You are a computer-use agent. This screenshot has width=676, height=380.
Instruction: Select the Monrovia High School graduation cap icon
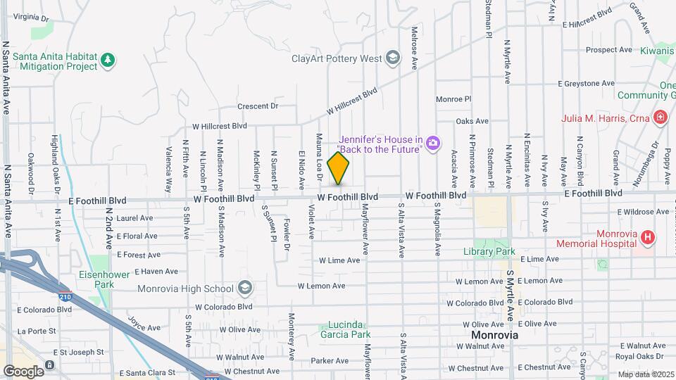[x=244, y=288]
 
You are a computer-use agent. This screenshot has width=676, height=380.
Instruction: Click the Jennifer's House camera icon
[x=433, y=144]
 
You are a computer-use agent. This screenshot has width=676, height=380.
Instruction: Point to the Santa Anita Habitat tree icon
[x=108, y=61]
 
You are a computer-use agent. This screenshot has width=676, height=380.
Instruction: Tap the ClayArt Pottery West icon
[x=393, y=58]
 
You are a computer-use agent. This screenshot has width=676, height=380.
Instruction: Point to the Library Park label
[x=489, y=251]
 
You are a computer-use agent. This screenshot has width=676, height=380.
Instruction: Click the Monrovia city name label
[x=495, y=335]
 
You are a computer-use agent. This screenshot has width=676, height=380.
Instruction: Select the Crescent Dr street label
[x=258, y=106]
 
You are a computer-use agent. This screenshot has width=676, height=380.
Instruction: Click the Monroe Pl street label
[x=453, y=99]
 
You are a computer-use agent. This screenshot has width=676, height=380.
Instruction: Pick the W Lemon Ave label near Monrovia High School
[x=321, y=286]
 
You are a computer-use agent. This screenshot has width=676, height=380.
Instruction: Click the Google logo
[x=23, y=370]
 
